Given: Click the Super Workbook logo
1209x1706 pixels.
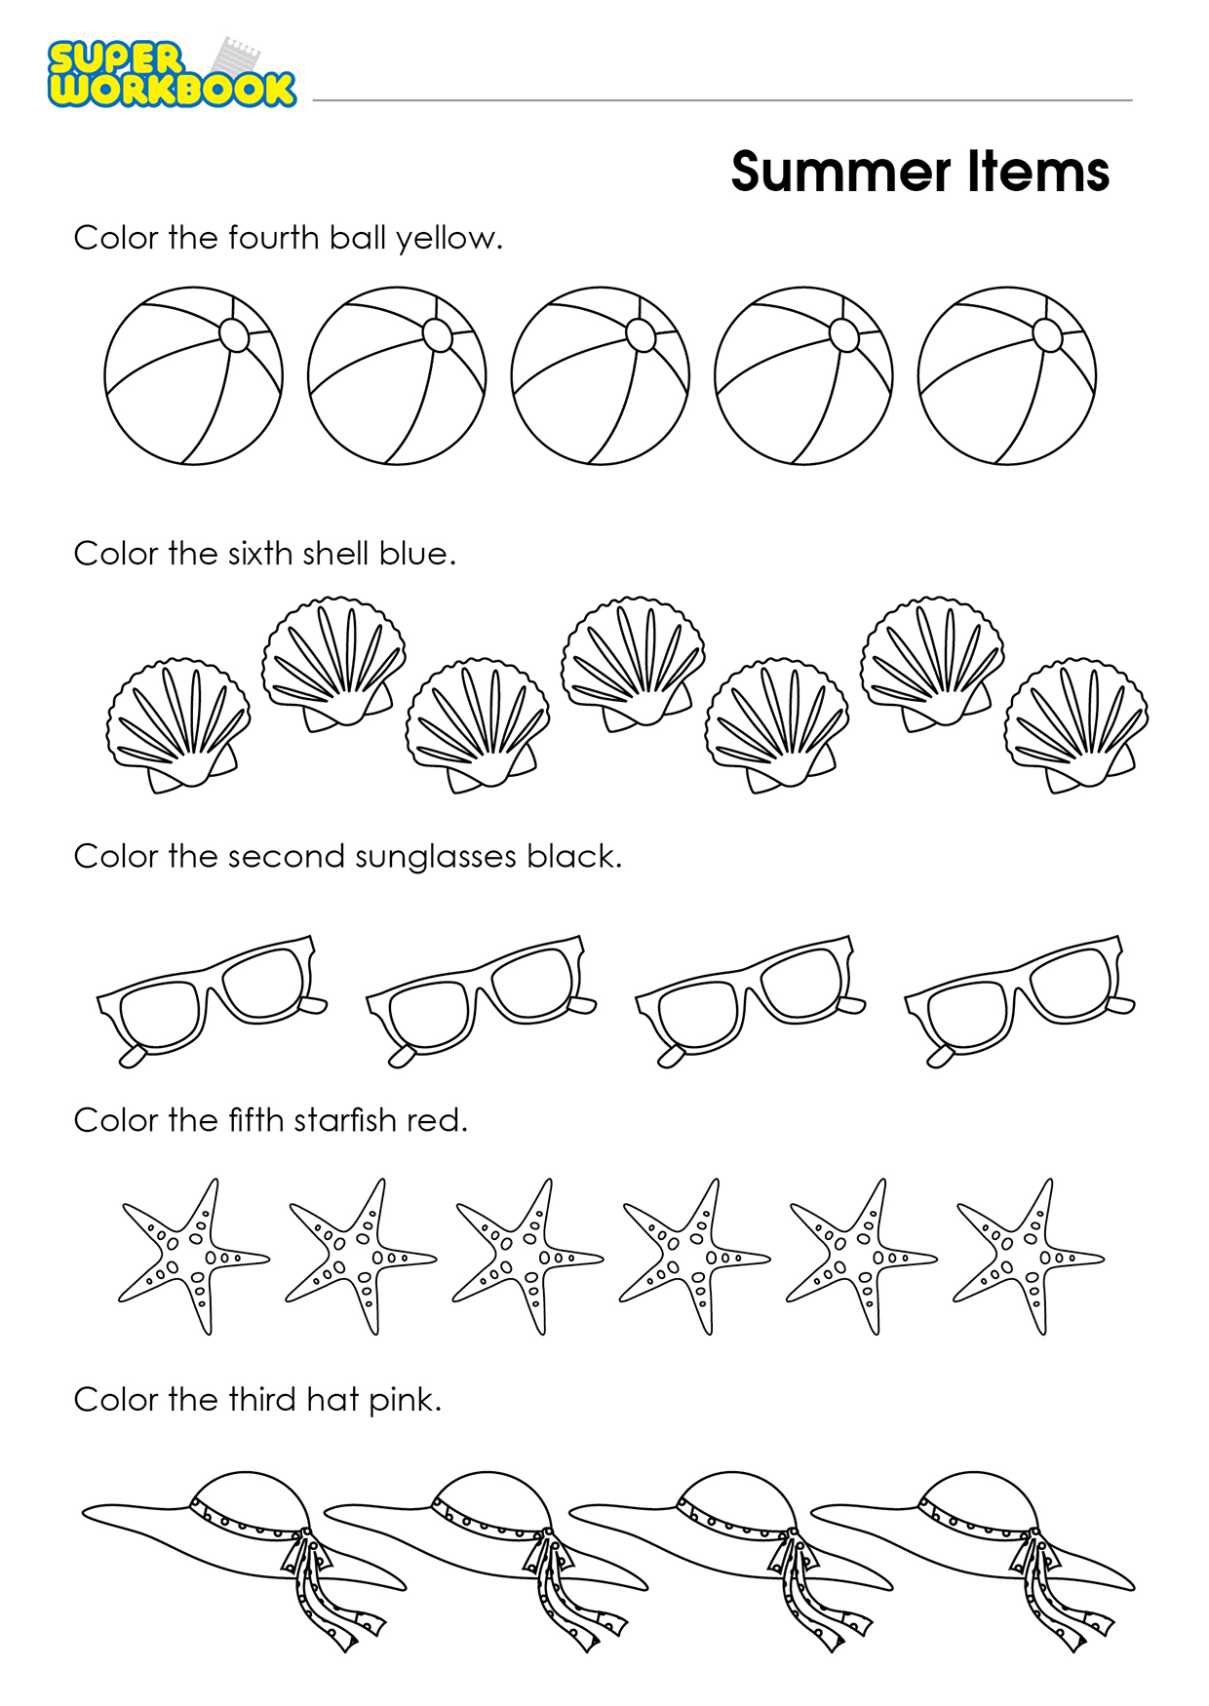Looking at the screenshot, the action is coord(172,72).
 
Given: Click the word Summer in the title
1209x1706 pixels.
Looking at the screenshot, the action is coord(840,173).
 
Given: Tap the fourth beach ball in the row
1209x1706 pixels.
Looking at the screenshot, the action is coord(803,375).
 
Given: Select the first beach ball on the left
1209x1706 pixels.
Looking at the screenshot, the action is coord(193,375).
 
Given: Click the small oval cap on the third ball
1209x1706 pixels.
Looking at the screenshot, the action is coord(641,334).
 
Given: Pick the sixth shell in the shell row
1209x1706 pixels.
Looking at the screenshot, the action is coord(933,664).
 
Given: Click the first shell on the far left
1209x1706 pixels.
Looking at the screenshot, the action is coord(178,725).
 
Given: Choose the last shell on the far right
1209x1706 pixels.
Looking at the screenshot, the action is coord(1076,725).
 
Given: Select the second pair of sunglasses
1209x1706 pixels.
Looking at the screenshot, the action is coord(481,1001).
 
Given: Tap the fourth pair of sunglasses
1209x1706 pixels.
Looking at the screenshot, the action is coord(1020,1001).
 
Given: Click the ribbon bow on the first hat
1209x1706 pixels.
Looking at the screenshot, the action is coord(318,1589).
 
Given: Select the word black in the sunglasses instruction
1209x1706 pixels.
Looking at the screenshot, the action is coord(573,856).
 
